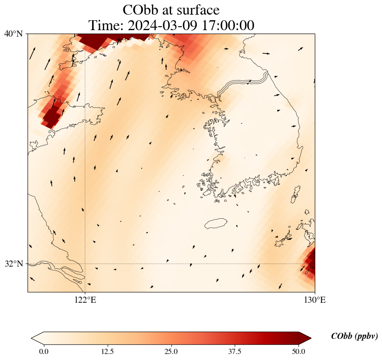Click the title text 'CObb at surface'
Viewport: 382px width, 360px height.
[171, 9]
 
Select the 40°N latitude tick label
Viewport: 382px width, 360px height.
[14, 34]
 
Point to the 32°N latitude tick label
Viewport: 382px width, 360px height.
[14, 264]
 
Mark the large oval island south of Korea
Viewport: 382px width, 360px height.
[216, 223]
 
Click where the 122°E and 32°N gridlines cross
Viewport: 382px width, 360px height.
[85, 264]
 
